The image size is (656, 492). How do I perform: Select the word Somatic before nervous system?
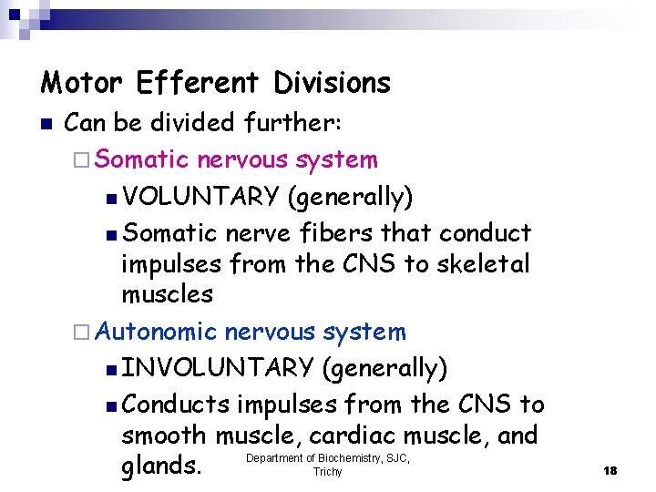pyautogui.click(x=141, y=160)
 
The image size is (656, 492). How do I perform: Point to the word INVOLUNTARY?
pyautogui.click(x=218, y=368)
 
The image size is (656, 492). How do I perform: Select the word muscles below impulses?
pyautogui.click(x=167, y=294)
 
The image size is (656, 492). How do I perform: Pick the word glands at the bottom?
pyautogui.click(x=160, y=466)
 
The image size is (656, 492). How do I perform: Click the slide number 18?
pyautogui.click(x=610, y=470)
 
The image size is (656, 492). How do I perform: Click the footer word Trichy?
pyautogui.click(x=327, y=472)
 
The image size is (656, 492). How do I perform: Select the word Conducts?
pyautogui.click(x=175, y=404)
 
